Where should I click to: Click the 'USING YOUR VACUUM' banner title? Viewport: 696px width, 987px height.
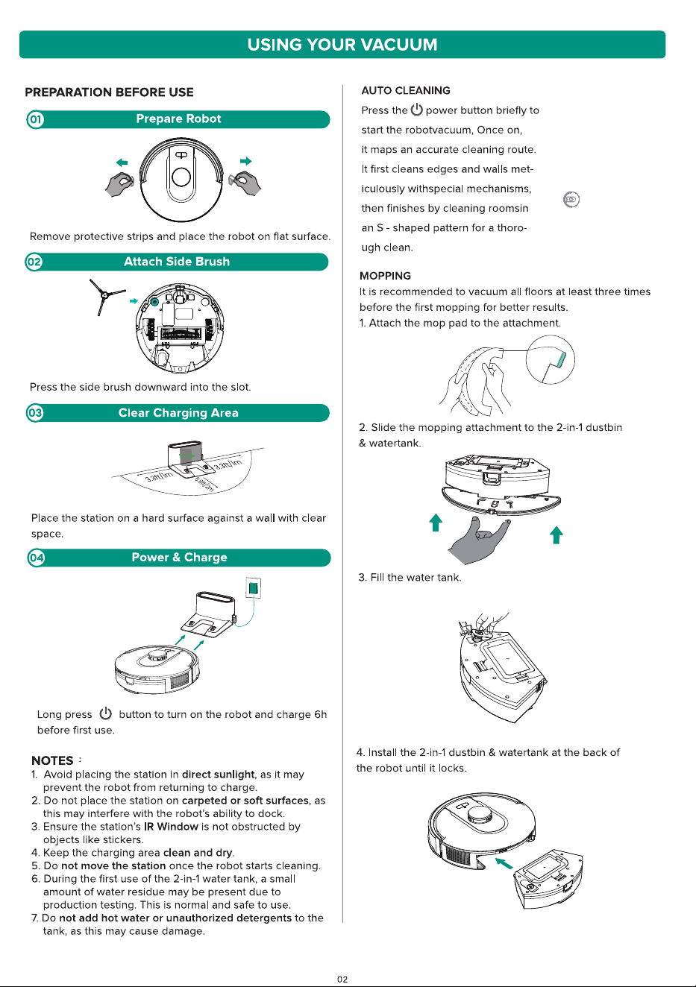[342, 45]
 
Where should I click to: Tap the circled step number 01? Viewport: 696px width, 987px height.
[35, 119]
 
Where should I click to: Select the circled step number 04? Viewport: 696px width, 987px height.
[36, 558]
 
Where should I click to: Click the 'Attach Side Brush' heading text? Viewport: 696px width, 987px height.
[177, 262]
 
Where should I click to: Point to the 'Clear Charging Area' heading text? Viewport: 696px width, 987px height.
[178, 413]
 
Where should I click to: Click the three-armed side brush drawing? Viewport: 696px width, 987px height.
[106, 296]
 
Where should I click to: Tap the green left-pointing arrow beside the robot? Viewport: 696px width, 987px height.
[122, 163]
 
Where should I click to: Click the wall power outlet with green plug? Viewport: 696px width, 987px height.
[253, 587]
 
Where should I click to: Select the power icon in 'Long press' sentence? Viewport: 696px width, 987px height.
[105, 713]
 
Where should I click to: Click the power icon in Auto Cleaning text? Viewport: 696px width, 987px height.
[416, 110]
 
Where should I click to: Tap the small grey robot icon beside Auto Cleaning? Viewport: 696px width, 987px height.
[571, 200]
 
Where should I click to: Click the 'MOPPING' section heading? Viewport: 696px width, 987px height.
[385, 276]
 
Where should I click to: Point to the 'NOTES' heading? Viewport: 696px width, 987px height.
[52, 760]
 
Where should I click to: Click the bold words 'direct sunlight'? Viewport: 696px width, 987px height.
[219, 775]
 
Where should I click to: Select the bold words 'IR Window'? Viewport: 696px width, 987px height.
[171, 826]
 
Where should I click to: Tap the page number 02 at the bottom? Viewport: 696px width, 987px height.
[342, 979]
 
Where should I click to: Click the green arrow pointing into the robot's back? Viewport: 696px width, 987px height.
[504, 863]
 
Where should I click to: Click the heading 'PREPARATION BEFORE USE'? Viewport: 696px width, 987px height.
[109, 92]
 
